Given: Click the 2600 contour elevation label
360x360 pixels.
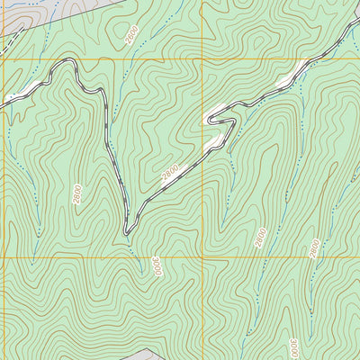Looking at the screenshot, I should pyautogui.click(x=133, y=35).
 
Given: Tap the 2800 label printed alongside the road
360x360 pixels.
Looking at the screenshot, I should pyautogui.click(x=172, y=173).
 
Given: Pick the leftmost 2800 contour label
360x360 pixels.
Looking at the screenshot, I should pyautogui.click(x=77, y=193).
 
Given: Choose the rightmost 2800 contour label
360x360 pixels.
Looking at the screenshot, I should pyautogui.click(x=314, y=248).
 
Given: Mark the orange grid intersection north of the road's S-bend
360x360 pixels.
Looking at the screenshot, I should pyautogui.click(x=202, y=60).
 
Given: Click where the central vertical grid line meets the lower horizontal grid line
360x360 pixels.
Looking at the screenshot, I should pyautogui.click(x=202, y=257).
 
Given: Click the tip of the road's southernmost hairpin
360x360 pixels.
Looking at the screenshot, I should pyautogui.click(x=127, y=233).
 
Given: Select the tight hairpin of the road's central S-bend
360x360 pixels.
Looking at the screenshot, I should pyautogui.click(x=210, y=118).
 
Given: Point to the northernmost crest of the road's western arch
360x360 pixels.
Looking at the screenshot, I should pyautogui.click(x=66, y=61).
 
